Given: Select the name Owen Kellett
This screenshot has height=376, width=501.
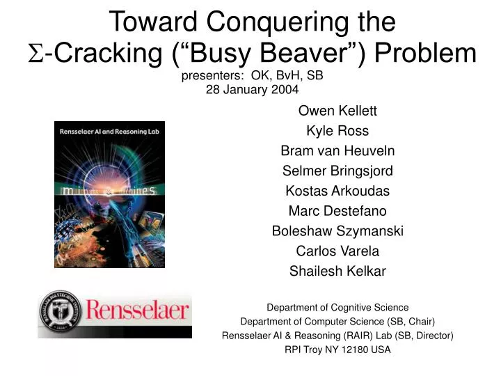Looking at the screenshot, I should [337, 111].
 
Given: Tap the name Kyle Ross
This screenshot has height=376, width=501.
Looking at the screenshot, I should [337, 131].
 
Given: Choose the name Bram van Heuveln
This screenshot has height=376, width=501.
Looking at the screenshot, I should [337, 150].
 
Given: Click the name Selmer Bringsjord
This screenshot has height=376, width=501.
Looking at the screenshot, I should [337, 171].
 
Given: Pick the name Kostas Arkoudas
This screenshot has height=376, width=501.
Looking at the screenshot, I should [337, 191].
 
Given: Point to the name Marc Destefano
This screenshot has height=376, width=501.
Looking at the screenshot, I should [337, 211].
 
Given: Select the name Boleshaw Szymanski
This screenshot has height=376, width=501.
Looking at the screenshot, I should [337, 231].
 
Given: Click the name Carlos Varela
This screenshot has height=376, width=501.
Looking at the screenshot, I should [337, 251].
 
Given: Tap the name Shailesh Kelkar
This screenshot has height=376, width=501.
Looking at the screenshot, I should [337, 272].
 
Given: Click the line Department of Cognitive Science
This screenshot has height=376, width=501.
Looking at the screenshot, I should [337, 307].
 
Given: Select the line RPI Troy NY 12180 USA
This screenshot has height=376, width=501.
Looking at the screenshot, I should [337, 350].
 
